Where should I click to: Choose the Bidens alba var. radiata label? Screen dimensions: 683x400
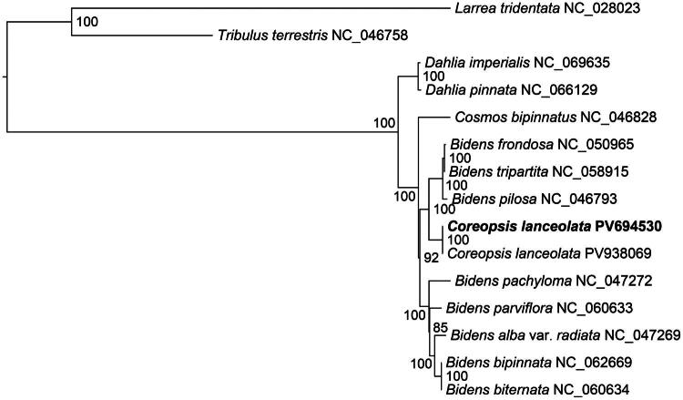point(565,335)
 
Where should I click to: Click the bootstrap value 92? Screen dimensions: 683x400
point(432,258)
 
